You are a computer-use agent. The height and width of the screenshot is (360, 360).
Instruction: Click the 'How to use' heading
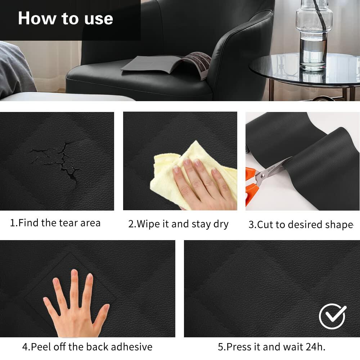point(66,18)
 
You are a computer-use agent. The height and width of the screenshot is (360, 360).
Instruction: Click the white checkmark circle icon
point(332,316)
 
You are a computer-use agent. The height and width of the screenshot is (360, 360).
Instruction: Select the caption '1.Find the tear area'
point(55,223)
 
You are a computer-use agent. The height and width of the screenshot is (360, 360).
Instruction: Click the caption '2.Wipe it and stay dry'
point(178,224)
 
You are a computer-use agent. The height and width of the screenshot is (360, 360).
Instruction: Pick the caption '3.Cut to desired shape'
point(301,225)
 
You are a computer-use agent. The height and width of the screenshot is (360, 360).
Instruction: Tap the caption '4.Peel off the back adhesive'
point(87,347)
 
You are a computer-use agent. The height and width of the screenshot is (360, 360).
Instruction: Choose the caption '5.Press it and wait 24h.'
point(271,347)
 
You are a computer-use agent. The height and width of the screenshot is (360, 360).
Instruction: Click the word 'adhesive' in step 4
point(132,347)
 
